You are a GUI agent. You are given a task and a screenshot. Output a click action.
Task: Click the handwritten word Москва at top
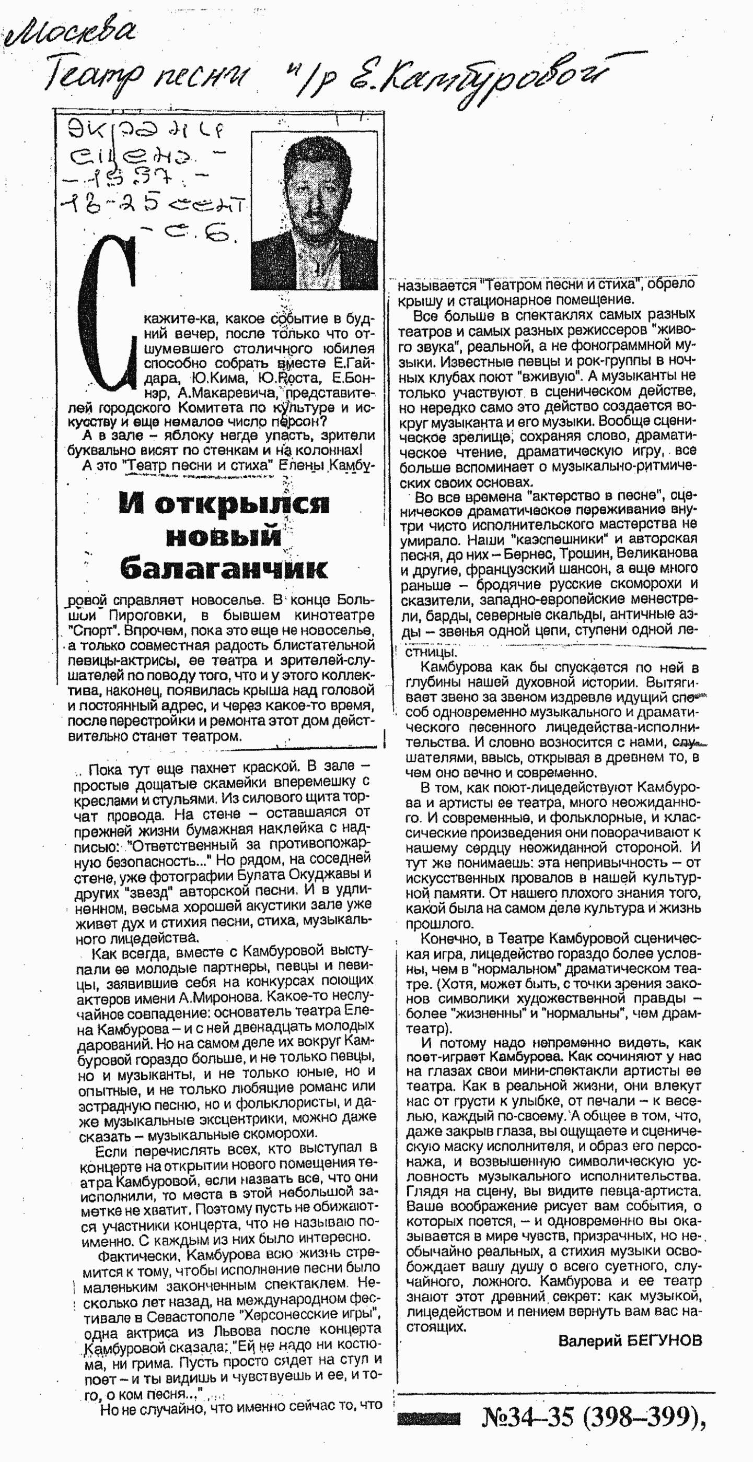[71, 31]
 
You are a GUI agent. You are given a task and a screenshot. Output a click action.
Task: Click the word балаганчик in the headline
[223, 568]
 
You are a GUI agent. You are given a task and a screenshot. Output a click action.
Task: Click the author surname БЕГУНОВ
[664, 1341]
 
